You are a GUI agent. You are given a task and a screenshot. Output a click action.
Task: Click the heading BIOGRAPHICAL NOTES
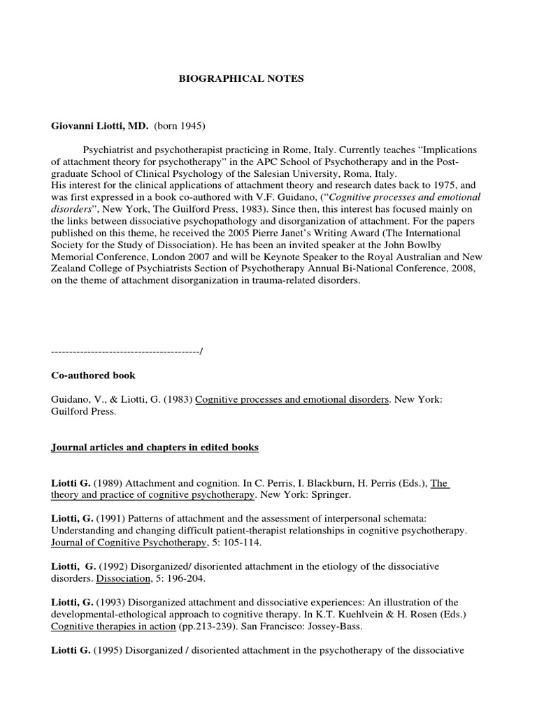point(241,79)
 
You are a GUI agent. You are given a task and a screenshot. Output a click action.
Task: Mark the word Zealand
point(71,269)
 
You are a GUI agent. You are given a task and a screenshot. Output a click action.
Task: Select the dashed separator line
point(127,350)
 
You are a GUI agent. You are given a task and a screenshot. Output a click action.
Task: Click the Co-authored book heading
point(93,375)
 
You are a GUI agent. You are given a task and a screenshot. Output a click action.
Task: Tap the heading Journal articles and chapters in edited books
point(155,447)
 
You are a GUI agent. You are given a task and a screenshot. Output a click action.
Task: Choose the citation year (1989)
point(108,483)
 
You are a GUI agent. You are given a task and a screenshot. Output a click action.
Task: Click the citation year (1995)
point(107,650)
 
